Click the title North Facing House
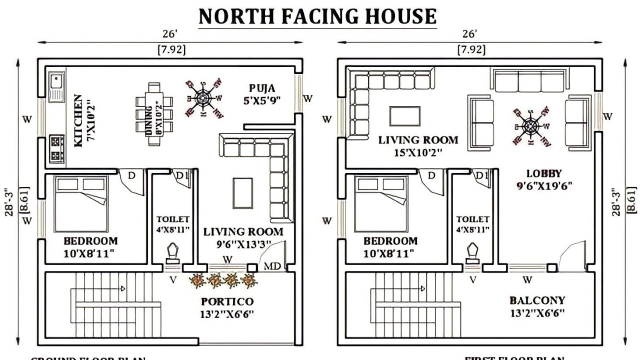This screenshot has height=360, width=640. pos(317,16)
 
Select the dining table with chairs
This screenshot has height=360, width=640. pos(154,114)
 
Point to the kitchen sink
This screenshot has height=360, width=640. pos(55,85)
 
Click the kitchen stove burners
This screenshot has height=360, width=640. pos(56,148)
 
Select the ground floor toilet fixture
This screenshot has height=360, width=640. pos(173,254)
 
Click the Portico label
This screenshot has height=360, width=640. pos(227,301)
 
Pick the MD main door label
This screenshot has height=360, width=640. pos(272,265)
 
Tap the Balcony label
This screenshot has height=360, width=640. pos(537,300)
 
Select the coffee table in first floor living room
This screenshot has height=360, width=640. pos(404,116)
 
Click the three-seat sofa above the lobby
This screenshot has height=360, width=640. pos(530,80)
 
